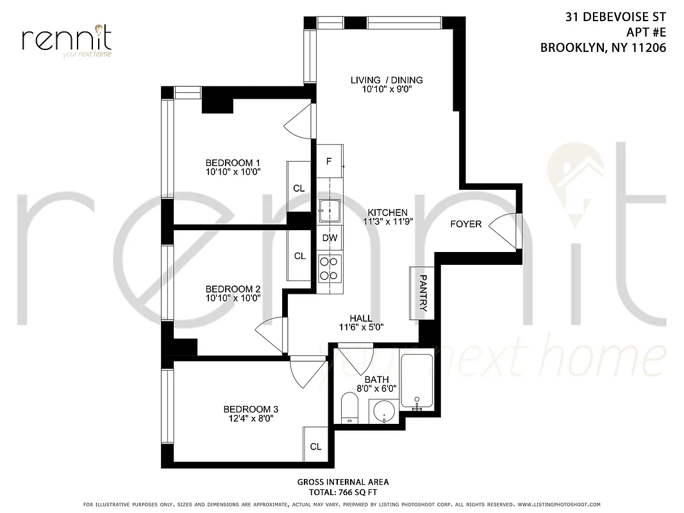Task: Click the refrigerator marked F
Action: coord(329,161)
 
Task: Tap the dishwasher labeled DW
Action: coord(329,238)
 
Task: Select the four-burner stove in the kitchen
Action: coord(329,267)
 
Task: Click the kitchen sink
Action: coord(329,210)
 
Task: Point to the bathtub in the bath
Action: coord(417,382)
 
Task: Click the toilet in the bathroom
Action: coord(349,408)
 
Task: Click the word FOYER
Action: coord(466,224)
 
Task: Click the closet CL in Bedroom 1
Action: coord(299,187)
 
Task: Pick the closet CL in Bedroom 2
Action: coord(299,255)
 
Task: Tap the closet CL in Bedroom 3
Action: coord(315,446)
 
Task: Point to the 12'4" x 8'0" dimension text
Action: coord(251,419)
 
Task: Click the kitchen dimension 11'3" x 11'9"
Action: coord(387,222)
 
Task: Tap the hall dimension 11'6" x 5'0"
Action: coord(362,328)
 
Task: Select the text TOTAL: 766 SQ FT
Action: coord(342,492)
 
